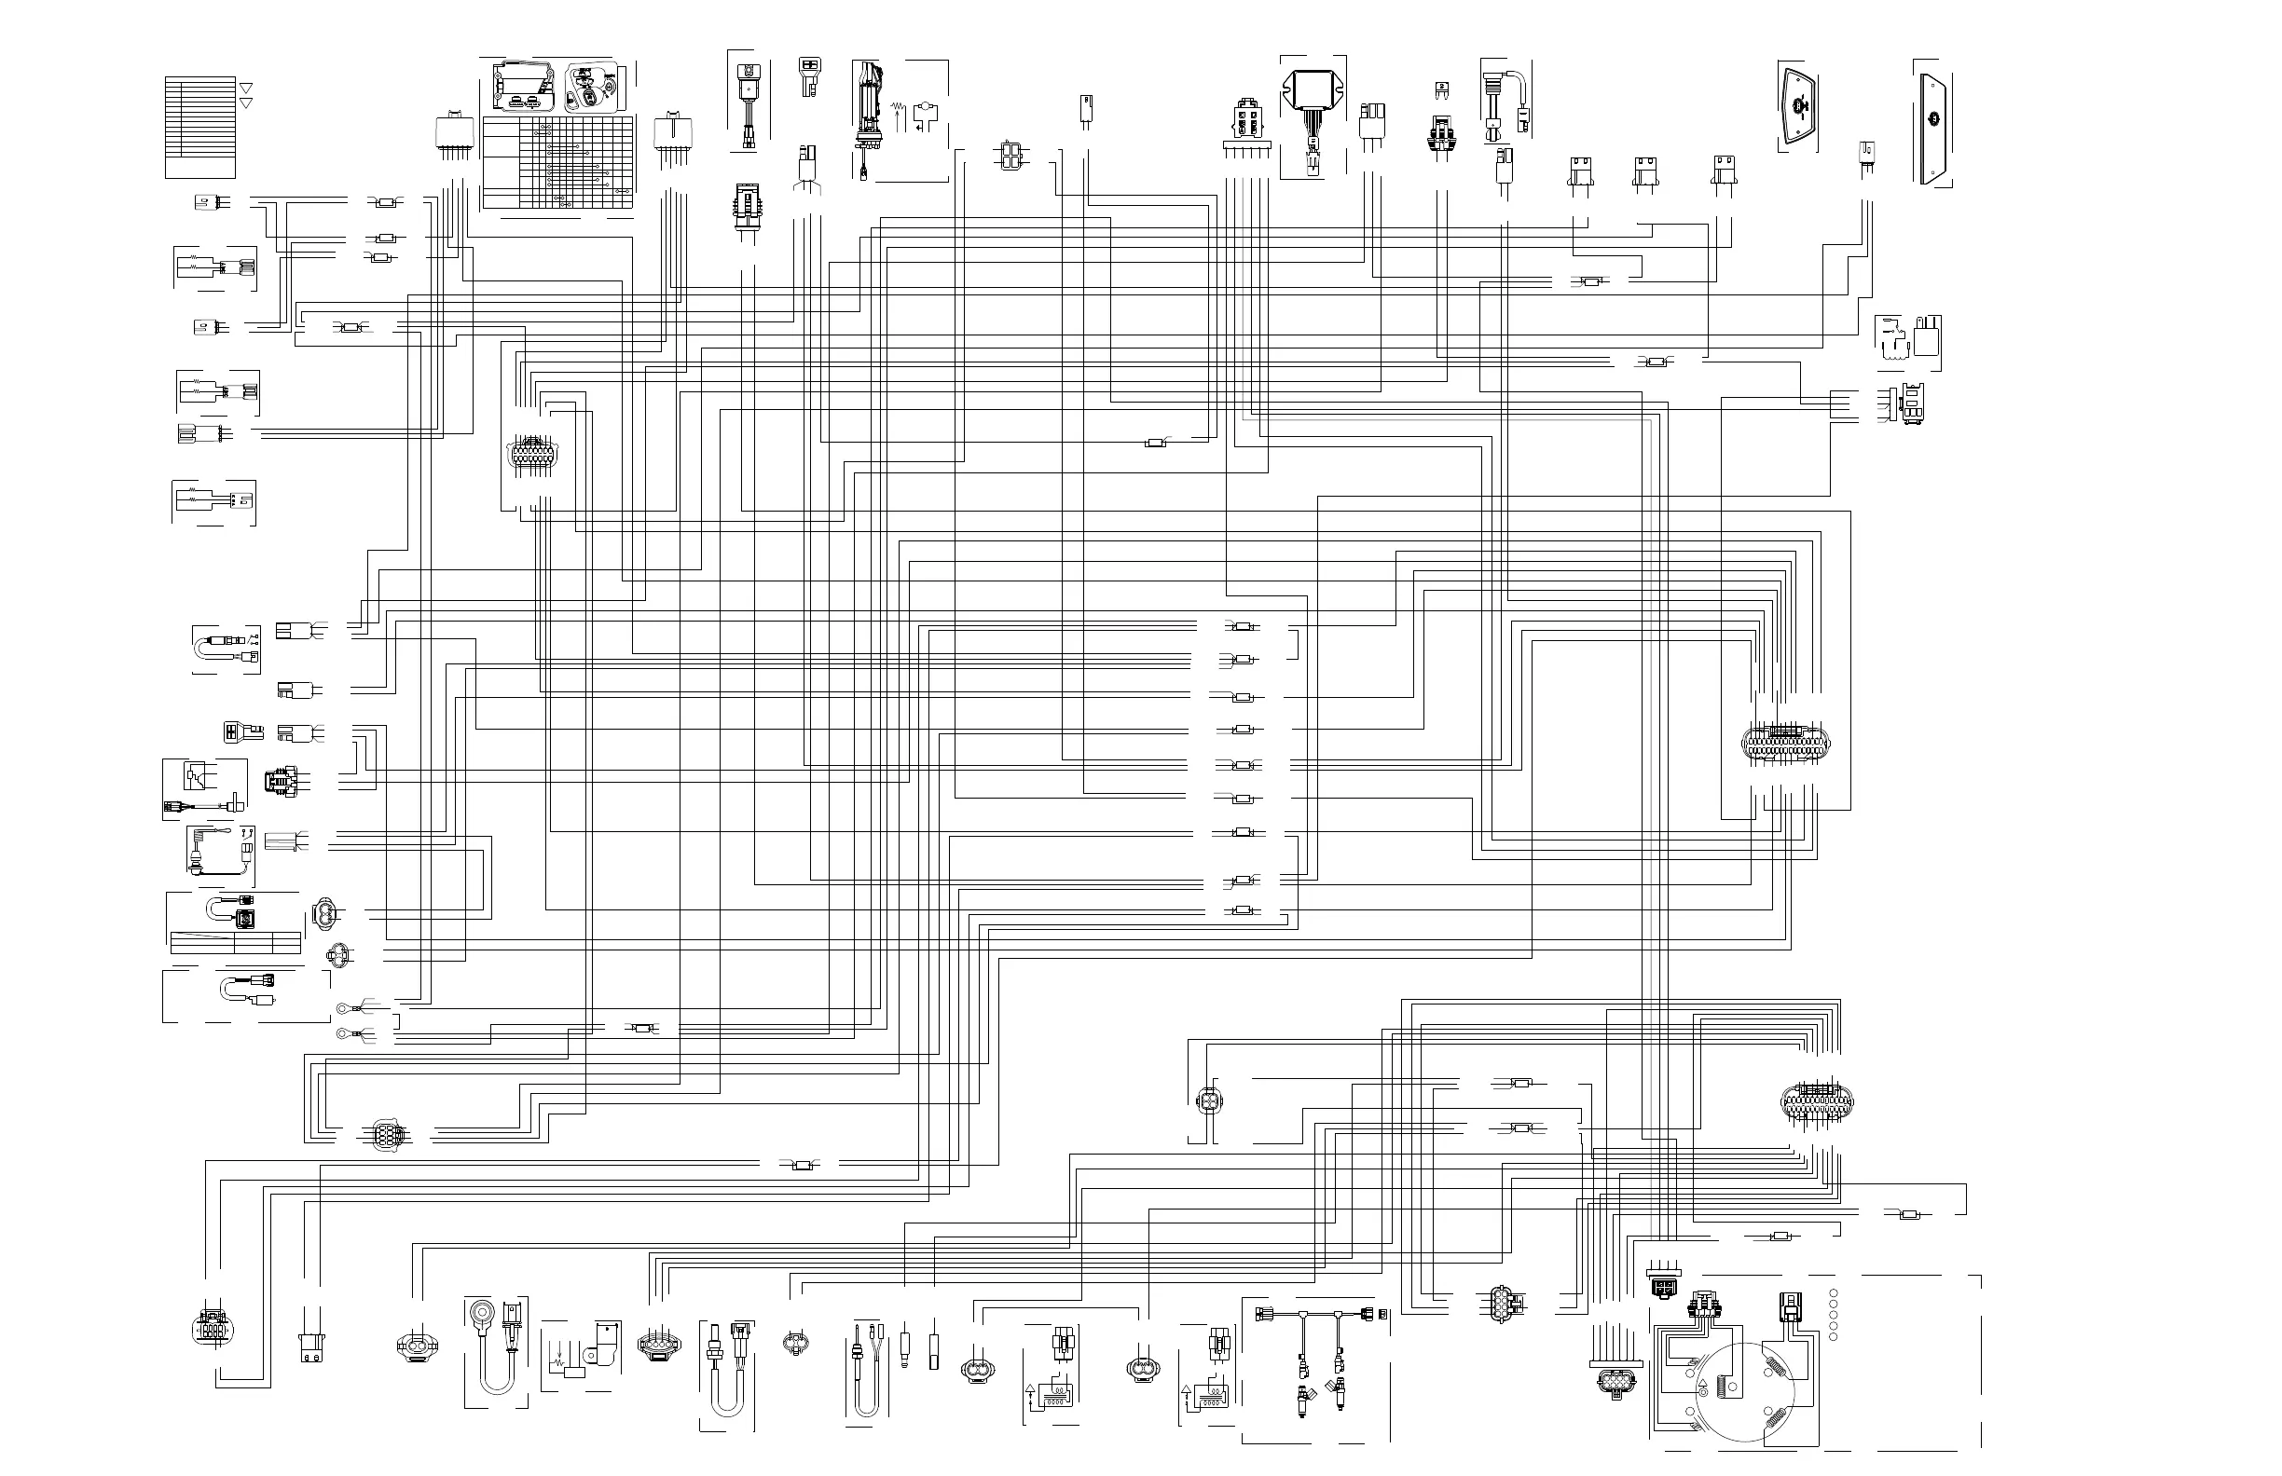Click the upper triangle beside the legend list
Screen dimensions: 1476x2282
pyautogui.click(x=245, y=88)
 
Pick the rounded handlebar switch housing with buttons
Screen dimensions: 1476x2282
pyautogui.click(x=593, y=89)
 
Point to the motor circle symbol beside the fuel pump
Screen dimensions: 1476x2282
pyautogui.click(x=927, y=108)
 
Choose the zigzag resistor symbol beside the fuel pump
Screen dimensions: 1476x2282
pyautogui.click(x=898, y=106)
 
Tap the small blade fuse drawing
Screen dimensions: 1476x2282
pyautogui.click(x=1442, y=89)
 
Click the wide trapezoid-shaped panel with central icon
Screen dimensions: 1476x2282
pyautogui.click(x=1799, y=107)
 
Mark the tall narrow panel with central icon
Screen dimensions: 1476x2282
pyautogui.click(x=1933, y=119)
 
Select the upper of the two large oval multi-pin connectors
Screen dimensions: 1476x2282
pyautogui.click(x=1785, y=742)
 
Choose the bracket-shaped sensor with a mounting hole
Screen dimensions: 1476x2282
pyautogui.click(x=605, y=1344)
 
